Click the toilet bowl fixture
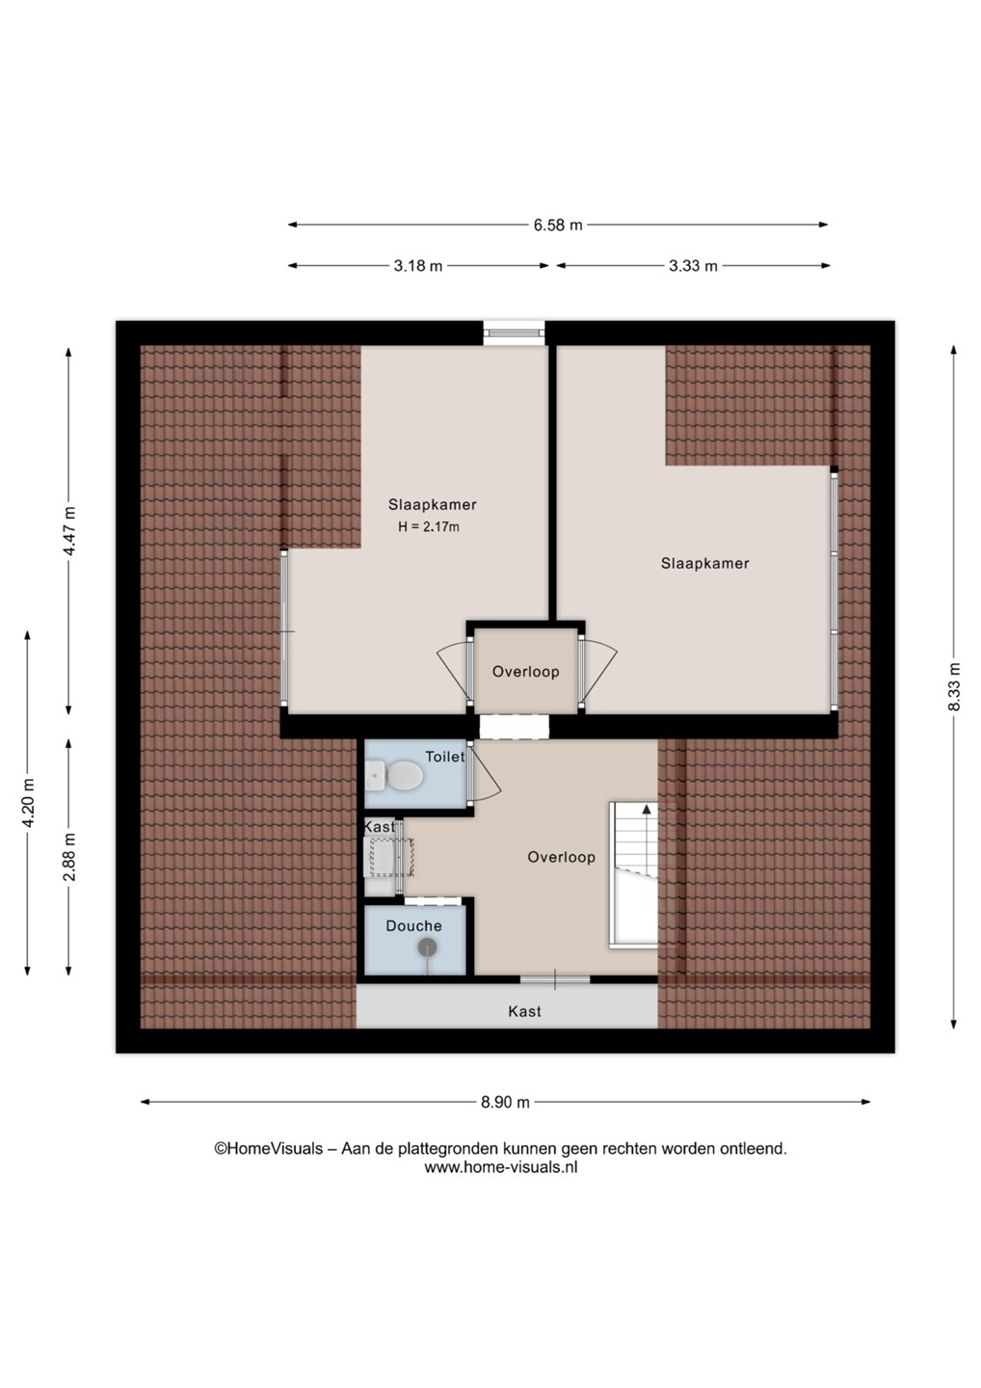394,776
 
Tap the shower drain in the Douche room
427,947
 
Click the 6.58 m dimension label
558,225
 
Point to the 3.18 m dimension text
418,266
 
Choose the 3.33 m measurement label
693,266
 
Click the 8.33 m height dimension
954,687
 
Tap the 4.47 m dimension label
70,531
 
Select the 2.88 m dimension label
70,856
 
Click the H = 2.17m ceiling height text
429,527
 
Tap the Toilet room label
444,757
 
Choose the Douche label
413,925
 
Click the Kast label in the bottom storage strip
524,1011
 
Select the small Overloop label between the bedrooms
526,671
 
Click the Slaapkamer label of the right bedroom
704,563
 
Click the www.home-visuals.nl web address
500,1168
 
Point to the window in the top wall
514,333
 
